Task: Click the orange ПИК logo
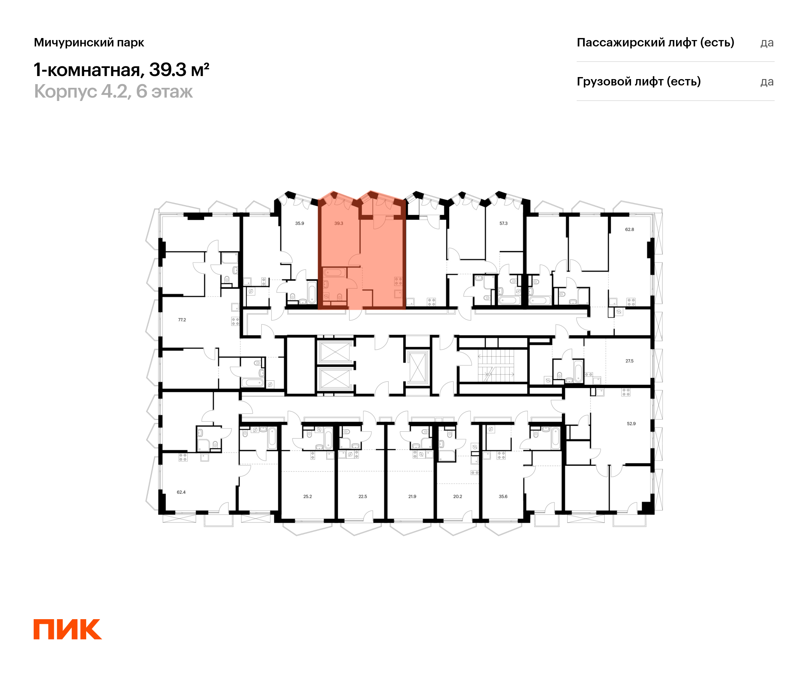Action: (68, 629)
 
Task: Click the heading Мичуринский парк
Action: (89, 43)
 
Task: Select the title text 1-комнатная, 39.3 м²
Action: (121, 70)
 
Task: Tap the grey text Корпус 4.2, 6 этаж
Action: (113, 92)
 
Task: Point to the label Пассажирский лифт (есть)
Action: (655, 42)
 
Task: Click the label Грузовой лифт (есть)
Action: (639, 81)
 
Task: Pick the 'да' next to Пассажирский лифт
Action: (767, 43)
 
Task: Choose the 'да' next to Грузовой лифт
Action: (767, 82)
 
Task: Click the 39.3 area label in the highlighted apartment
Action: (339, 223)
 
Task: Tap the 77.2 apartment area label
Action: (182, 320)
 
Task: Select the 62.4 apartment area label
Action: (181, 492)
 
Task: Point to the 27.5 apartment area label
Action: (630, 361)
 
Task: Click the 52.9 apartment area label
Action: (631, 424)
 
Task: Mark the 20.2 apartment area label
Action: (458, 496)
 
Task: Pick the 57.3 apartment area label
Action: (503, 223)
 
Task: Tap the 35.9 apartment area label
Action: (299, 223)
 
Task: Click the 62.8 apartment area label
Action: (630, 229)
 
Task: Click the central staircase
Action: (496, 366)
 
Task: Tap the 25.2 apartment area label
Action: (307, 496)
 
